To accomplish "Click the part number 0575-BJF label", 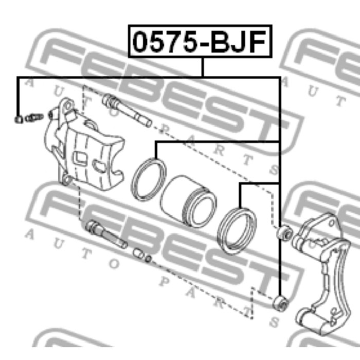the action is tap(200, 41).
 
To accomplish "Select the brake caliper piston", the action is tap(188, 202).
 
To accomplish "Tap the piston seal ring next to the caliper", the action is tap(149, 179).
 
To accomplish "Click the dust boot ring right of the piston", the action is tap(237, 230).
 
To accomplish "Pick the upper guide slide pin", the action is tap(127, 110).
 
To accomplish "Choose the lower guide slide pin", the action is tap(106, 234).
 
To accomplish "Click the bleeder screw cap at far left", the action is tap(19, 119).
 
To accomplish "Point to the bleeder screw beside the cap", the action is tap(34, 118).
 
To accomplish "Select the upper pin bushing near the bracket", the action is tap(285, 233).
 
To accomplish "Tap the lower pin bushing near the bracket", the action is tap(281, 303).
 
